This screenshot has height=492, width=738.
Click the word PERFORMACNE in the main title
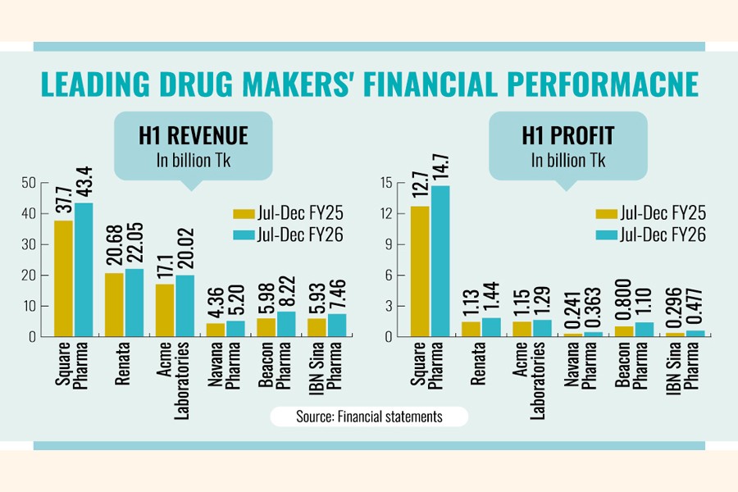[x=590, y=84]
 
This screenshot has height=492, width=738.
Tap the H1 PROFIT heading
[x=568, y=135]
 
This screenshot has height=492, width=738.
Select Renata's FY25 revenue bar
[x=114, y=304]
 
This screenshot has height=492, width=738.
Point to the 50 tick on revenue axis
[x=31, y=182]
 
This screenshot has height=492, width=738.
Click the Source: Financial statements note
[x=369, y=417]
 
